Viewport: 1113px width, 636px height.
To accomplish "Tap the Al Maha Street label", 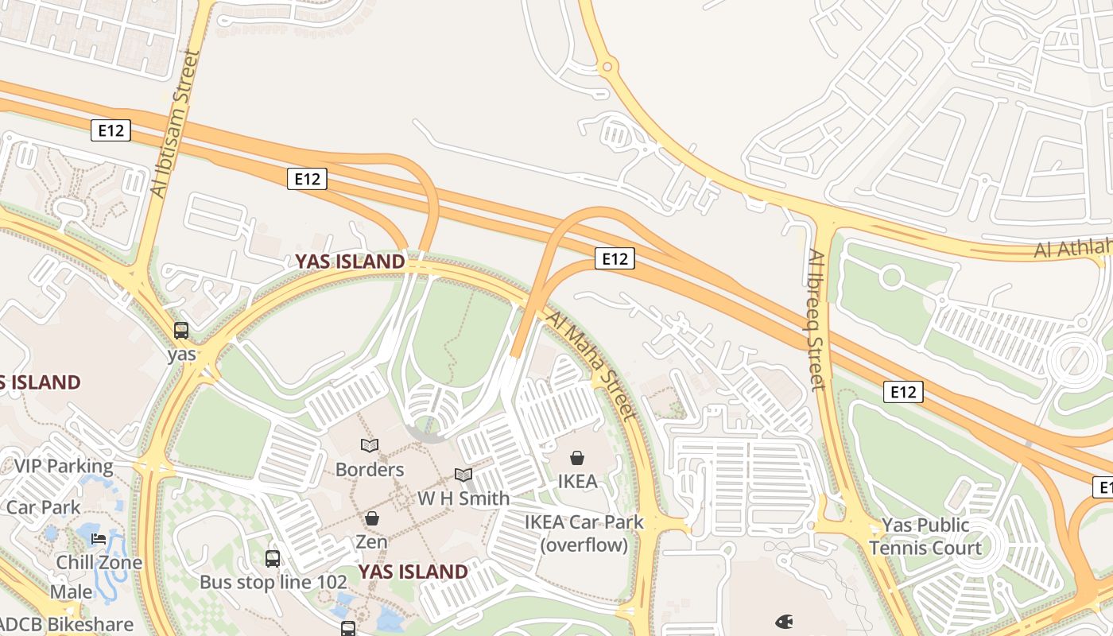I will (x=591, y=365).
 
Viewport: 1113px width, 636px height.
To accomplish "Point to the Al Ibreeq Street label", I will (x=818, y=320).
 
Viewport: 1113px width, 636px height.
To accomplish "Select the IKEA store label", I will (x=577, y=481).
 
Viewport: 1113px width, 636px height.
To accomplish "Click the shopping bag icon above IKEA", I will (x=577, y=458).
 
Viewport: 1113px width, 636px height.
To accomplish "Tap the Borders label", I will (x=370, y=469).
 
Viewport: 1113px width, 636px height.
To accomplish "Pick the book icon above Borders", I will (x=370, y=445).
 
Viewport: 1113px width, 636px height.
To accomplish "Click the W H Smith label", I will (x=463, y=498).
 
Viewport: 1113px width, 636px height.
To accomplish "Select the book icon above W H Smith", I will (x=463, y=475).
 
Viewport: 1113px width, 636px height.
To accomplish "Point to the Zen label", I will (x=371, y=542).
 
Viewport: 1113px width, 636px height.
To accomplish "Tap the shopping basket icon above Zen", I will (x=371, y=519).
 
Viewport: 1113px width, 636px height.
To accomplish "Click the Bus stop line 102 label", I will (x=273, y=582).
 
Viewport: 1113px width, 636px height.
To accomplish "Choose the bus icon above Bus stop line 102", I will (x=273, y=559).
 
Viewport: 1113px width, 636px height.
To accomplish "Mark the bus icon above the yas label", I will (x=181, y=331).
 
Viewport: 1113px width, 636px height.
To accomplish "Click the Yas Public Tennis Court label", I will (x=925, y=537).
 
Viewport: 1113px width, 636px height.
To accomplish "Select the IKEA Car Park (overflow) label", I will (x=584, y=533).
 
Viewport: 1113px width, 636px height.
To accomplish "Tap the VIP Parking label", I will (x=64, y=466).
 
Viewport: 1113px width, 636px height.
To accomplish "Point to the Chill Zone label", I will (x=99, y=563).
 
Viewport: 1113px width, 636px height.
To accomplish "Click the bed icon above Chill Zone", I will (x=99, y=539).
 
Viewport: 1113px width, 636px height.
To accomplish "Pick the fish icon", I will (x=784, y=621).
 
